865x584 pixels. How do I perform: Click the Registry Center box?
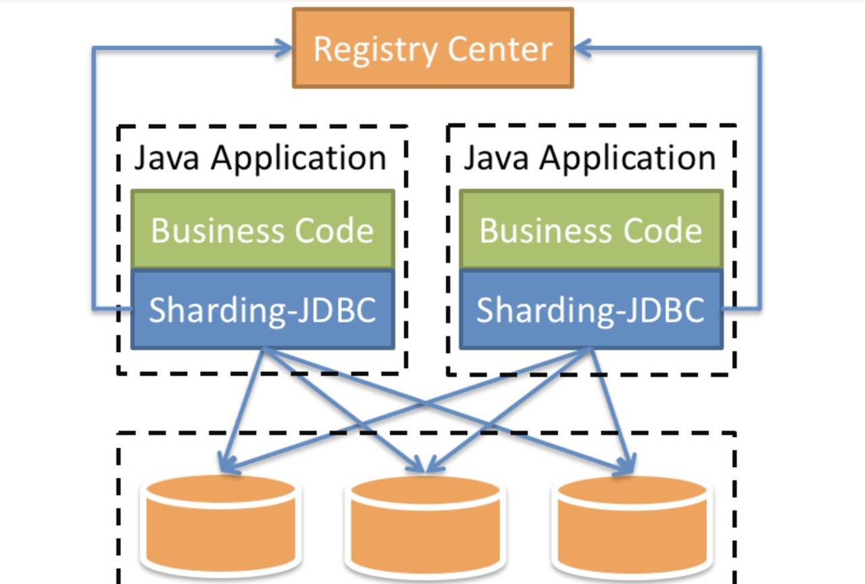tap(432, 48)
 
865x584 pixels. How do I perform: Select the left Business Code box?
tap(262, 230)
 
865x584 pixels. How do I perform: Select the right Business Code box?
tap(591, 230)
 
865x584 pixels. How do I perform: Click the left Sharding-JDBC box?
tap(262, 310)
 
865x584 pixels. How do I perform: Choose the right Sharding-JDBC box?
tap(591, 310)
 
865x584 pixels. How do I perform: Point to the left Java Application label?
tap(260, 158)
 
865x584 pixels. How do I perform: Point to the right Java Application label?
tap(589, 158)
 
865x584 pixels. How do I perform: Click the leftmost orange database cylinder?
tap(221, 523)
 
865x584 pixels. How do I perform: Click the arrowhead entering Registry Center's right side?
tap(583, 48)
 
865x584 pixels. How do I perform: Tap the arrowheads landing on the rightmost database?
tap(626, 466)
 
